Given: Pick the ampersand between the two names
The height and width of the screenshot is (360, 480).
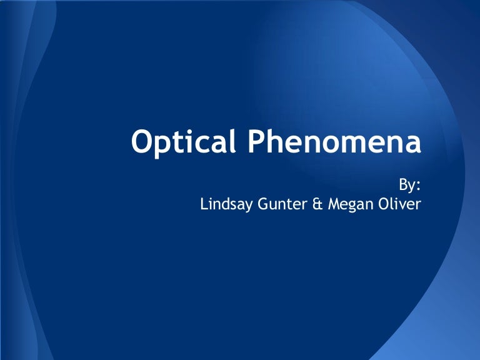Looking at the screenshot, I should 318,204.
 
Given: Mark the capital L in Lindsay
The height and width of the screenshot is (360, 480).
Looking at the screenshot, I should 204,204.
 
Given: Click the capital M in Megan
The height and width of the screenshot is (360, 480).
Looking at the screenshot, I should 334,204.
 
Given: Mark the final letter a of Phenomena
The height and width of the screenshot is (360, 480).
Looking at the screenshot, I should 411,146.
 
